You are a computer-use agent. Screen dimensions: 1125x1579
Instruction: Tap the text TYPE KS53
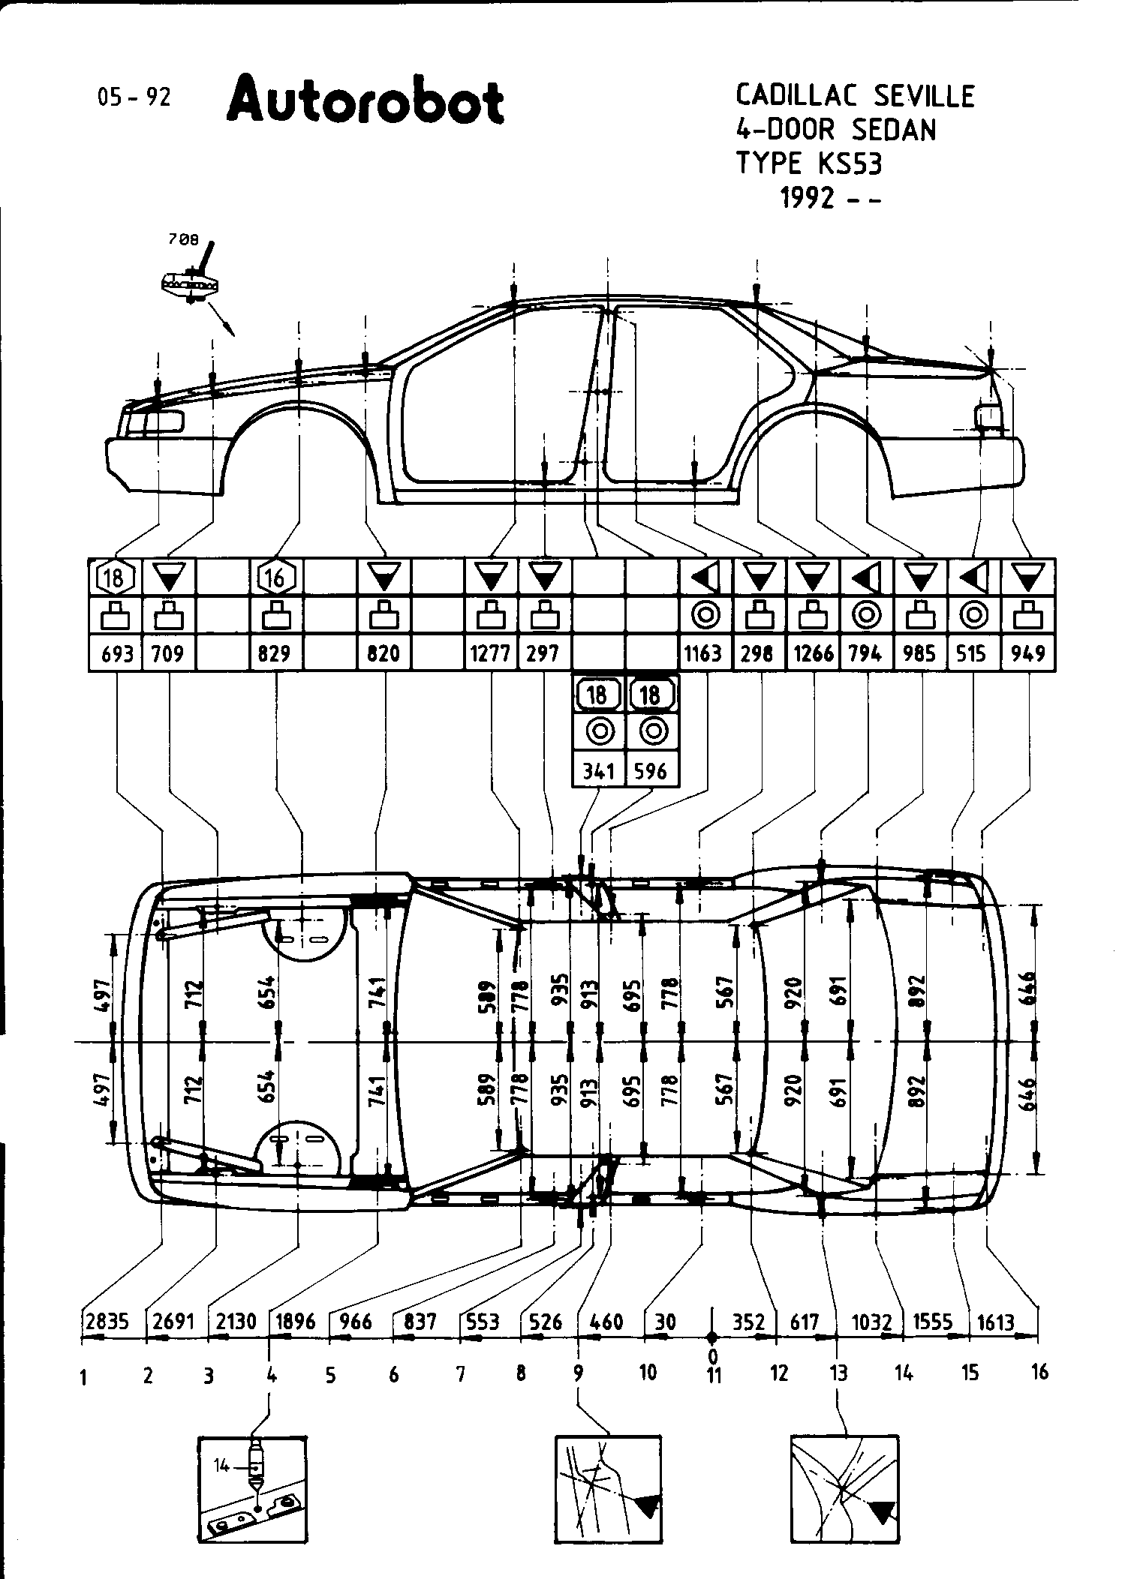pos(808,163)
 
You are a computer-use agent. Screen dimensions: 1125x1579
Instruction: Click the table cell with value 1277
pos(491,653)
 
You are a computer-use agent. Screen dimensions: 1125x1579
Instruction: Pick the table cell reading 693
pos(116,653)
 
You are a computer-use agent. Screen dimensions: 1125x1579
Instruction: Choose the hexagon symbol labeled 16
pos(276,578)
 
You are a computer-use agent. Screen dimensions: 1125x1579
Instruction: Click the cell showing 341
pos(598,770)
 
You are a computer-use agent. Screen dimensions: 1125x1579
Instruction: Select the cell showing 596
pos(651,770)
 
